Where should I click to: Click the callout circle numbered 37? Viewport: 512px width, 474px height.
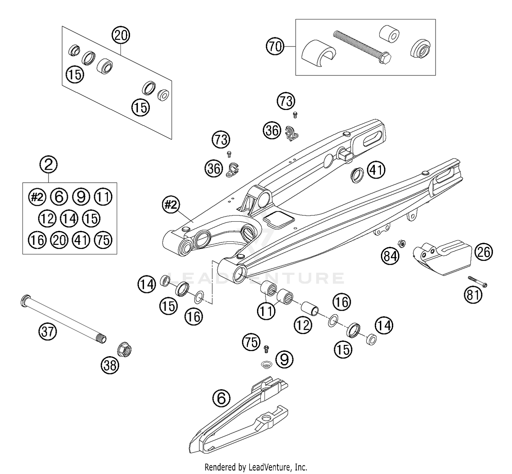[47, 332]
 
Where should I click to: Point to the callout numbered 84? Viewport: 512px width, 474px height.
[390, 256]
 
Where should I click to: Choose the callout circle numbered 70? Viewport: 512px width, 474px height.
[275, 46]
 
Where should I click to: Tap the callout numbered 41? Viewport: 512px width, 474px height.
[376, 170]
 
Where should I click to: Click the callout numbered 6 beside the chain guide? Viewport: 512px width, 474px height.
[221, 398]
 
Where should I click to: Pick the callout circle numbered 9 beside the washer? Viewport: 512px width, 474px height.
[284, 359]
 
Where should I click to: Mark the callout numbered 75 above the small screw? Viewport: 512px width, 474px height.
[252, 342]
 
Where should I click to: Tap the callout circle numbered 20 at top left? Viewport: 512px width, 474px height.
[121, 35]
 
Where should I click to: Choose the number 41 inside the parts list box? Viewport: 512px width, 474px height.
[81, 240]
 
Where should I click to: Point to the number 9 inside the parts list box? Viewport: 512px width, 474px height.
[81, 197]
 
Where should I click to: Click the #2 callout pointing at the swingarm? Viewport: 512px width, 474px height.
[171, 205]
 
